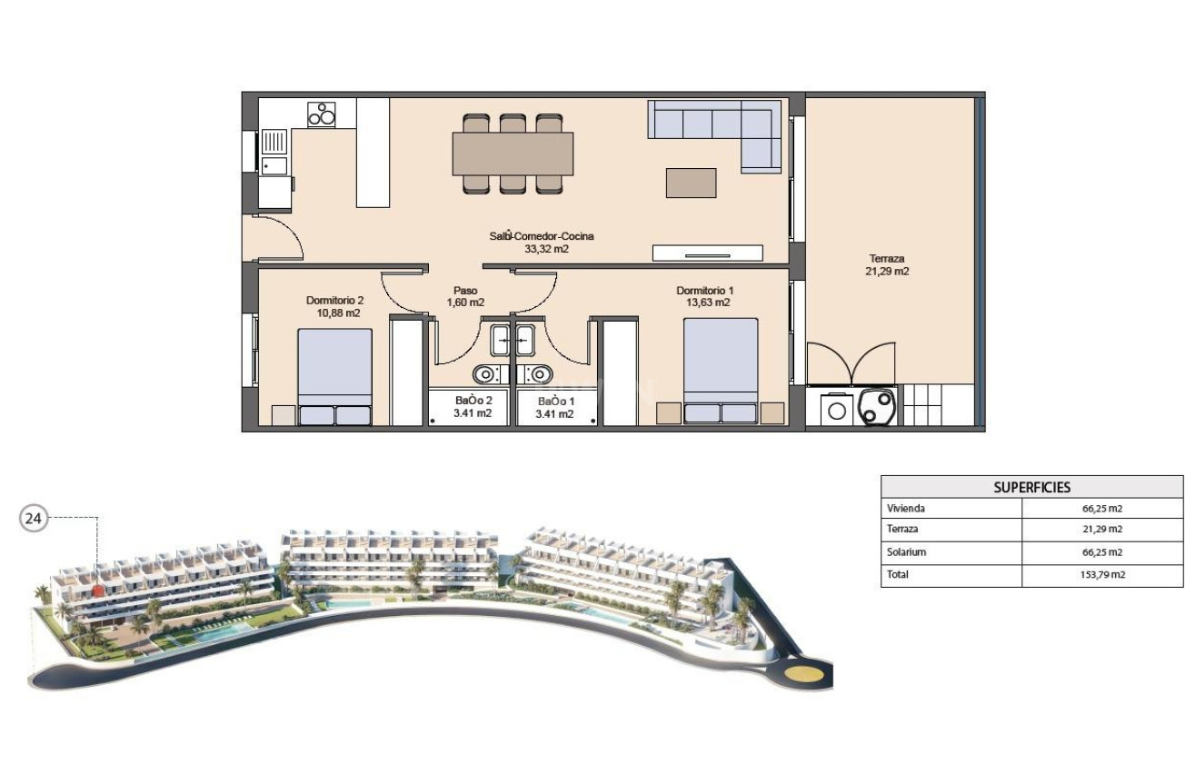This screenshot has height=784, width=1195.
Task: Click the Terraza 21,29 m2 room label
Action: point(888,264)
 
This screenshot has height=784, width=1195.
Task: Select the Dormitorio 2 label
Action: point(334,306)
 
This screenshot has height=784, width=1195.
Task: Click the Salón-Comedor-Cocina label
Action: point(541,242)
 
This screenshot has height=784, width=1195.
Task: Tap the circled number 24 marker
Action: point(34,519)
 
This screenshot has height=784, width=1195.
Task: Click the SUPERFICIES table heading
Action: point(1031,487)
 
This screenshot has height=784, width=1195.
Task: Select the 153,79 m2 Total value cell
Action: point(1101,575)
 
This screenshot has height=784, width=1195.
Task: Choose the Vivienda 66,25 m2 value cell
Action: point(1101,509)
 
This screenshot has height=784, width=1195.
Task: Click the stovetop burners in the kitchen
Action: point(321,114)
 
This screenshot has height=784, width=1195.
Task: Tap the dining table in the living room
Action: point(513,154)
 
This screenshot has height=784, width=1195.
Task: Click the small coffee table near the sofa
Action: point(691,183)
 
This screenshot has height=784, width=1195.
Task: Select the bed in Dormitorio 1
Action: point(721,370)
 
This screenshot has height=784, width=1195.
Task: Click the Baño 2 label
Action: point(473,407)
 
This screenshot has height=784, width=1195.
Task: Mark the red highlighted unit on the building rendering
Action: point(98,590)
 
